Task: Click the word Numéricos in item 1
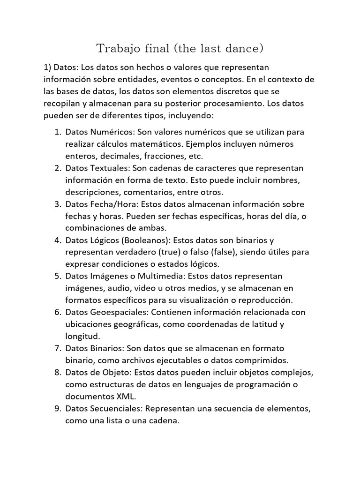coord(110,132)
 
